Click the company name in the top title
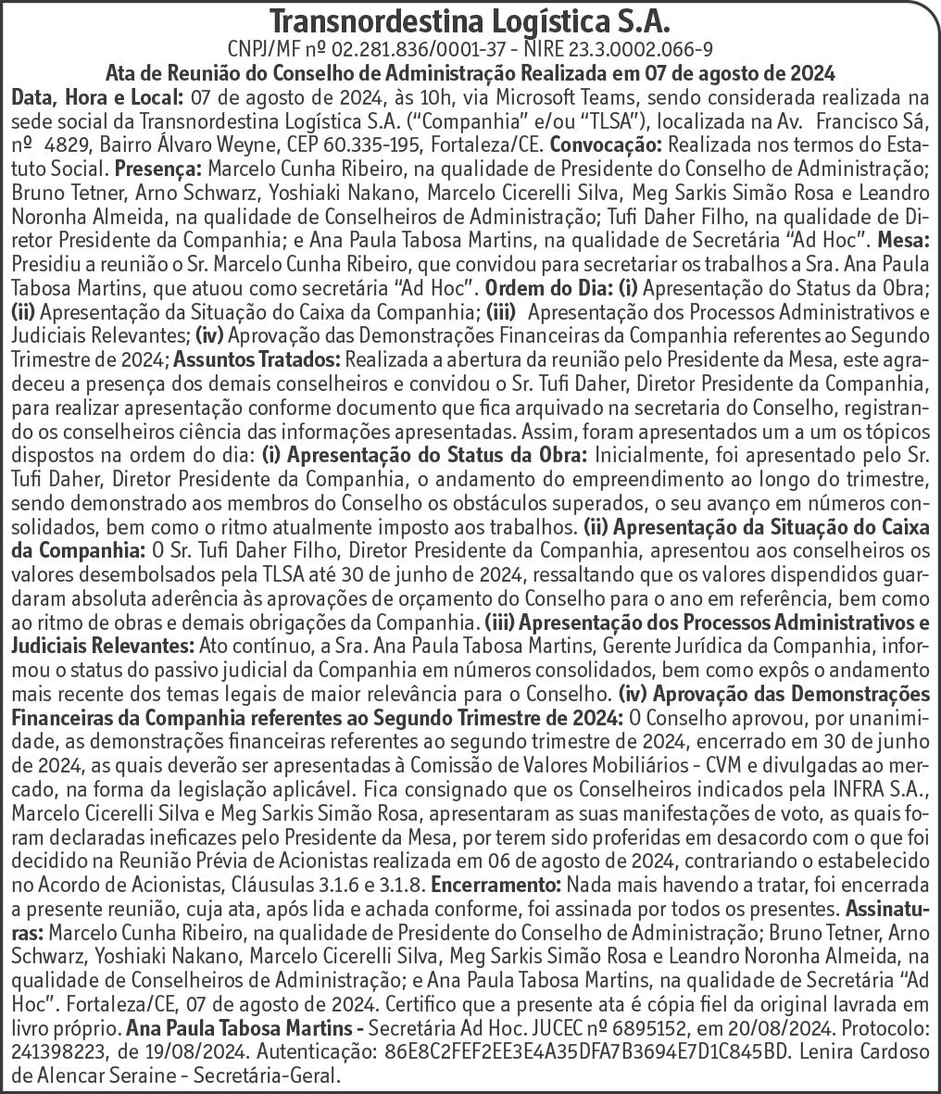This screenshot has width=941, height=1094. (470, 20)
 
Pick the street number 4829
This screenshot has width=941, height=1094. (69, 145)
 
